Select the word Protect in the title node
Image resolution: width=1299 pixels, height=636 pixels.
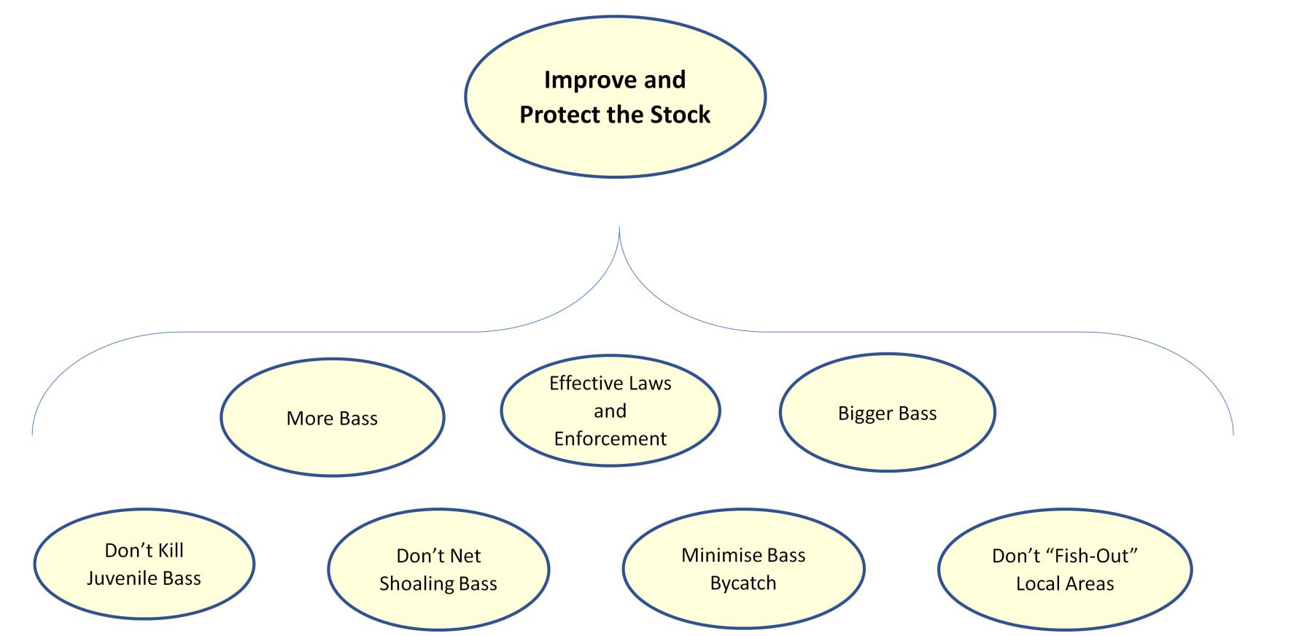pyautogui.click(x=554, y=115)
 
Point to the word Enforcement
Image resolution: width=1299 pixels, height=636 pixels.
pyautogui.click(x=610, y=438)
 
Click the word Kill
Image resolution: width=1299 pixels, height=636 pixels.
pyautogui.click(x=169, y=550)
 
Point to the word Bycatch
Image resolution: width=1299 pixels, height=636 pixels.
pyautogui.click(x=743, y=583)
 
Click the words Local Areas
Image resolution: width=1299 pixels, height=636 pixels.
pyautogui.click(x=1065, y=584)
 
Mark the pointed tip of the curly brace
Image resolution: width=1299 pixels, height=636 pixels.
pyautogui.click(x=619, y=228)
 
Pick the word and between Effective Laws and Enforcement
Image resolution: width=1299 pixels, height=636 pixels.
pyautogui.click(x=610, y=411)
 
